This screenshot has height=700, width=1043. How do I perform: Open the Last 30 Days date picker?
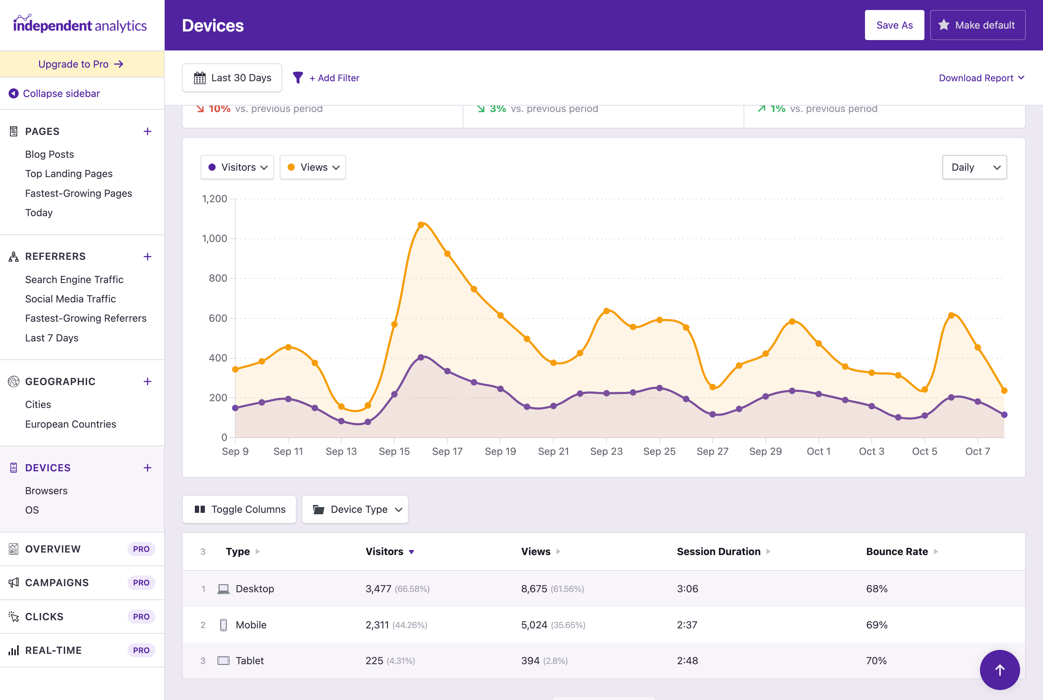click(x=232, y=78)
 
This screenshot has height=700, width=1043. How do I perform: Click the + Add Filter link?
click(x=334, y=78)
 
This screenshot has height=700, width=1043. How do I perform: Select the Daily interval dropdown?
click(x=974, y=167)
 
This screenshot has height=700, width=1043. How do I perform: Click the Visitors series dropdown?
click(x=237, y=167)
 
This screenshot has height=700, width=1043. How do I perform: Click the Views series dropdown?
click(x=313, y=167)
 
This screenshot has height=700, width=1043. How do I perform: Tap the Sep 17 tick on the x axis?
click(x=447, y=451)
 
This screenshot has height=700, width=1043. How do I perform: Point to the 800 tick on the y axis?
click(x=218, y=278)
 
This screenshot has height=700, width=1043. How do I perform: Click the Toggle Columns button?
click(x=239, y=509)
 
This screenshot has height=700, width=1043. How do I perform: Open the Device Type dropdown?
click(x=355, y=509)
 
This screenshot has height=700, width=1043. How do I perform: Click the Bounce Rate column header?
click(x=897, y=551)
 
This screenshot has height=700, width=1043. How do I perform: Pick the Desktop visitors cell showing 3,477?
click(x=378, y=588)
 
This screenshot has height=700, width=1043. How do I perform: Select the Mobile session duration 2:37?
click(x=687, y=624)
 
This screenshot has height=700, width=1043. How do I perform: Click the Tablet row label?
click(x=249, y=660)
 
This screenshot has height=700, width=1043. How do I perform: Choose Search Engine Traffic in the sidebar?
click(x=74, y=279)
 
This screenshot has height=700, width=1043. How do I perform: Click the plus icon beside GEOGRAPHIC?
click(x=148, y=381)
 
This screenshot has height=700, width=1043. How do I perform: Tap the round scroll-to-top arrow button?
click(x=999, y=669)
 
